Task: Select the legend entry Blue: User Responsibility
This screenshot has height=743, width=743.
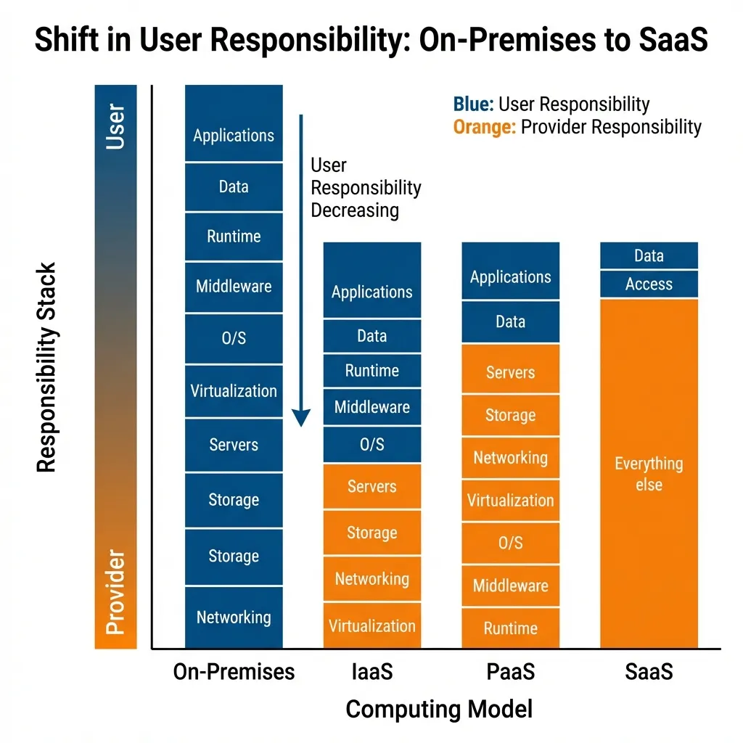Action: click(551, 104)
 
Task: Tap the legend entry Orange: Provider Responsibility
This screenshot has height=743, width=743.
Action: click(577, 127)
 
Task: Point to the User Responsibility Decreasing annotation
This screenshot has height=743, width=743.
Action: click(365, 188)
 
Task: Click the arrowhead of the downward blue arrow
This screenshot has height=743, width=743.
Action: click(301, 418)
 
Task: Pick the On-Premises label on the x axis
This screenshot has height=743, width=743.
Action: click(234, 672)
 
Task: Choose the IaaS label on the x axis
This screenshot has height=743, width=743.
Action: click(371, 672)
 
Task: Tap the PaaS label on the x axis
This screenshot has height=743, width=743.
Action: click(510, 672)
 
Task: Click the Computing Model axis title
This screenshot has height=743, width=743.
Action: click(439, 709)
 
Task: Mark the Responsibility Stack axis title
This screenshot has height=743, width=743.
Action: click(47, 368)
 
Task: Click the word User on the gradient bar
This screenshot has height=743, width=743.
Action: click(115, 127)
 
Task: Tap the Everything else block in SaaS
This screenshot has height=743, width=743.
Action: click(649, 473)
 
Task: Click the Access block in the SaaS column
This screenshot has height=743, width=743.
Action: click(649, 284)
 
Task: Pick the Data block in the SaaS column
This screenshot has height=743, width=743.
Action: click(649, 255)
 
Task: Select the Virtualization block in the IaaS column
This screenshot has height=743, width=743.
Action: click(371, 625)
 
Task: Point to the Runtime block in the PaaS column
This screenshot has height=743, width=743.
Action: click(510, 628)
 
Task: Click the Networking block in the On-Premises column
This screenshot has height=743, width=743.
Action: click(234, 617)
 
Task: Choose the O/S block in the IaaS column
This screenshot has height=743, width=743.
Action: click(371, 444)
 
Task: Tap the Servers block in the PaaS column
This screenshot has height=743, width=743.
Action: click(510, 372)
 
